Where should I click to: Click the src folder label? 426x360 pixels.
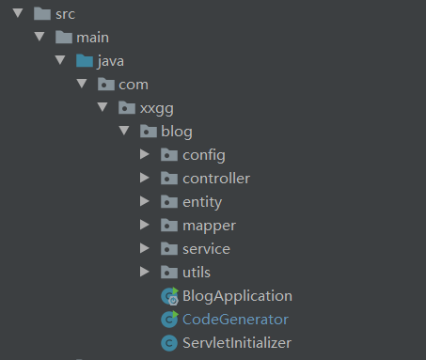[66, 14]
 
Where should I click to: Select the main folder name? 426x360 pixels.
[92, 38]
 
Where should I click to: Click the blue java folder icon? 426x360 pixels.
[86, 61]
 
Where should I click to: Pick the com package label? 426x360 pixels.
[133, 85]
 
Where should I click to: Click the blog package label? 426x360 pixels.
[177, 132]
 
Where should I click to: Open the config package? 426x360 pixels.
[203, 154]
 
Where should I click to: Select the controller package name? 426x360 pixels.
[215, 178]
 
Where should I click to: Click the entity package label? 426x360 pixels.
[202, 201]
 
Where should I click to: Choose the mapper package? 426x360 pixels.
[209, 225]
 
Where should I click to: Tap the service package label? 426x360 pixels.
[206, 248]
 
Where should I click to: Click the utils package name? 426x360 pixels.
[197, 272]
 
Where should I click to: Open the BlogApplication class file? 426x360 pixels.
[237, 295]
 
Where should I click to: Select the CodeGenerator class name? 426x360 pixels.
[235, 319]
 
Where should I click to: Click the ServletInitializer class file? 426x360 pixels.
[237, 342]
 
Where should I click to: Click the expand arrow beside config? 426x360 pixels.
[144, 154]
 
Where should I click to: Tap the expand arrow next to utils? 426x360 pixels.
[144, 272]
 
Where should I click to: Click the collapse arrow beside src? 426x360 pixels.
[17, 14]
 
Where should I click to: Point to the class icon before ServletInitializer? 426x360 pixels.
[169, 342]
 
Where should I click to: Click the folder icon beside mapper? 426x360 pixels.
[169, 225]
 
